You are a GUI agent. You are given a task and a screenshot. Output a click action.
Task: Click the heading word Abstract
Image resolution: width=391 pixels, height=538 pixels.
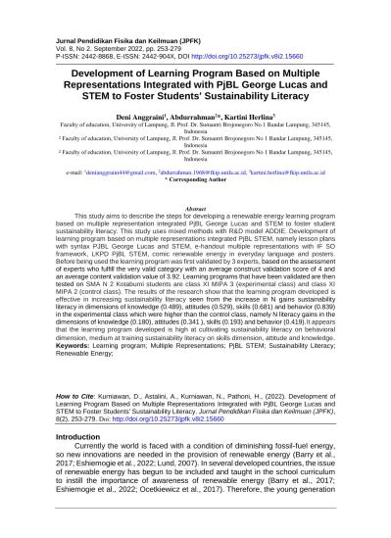(x=195, y=209)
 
